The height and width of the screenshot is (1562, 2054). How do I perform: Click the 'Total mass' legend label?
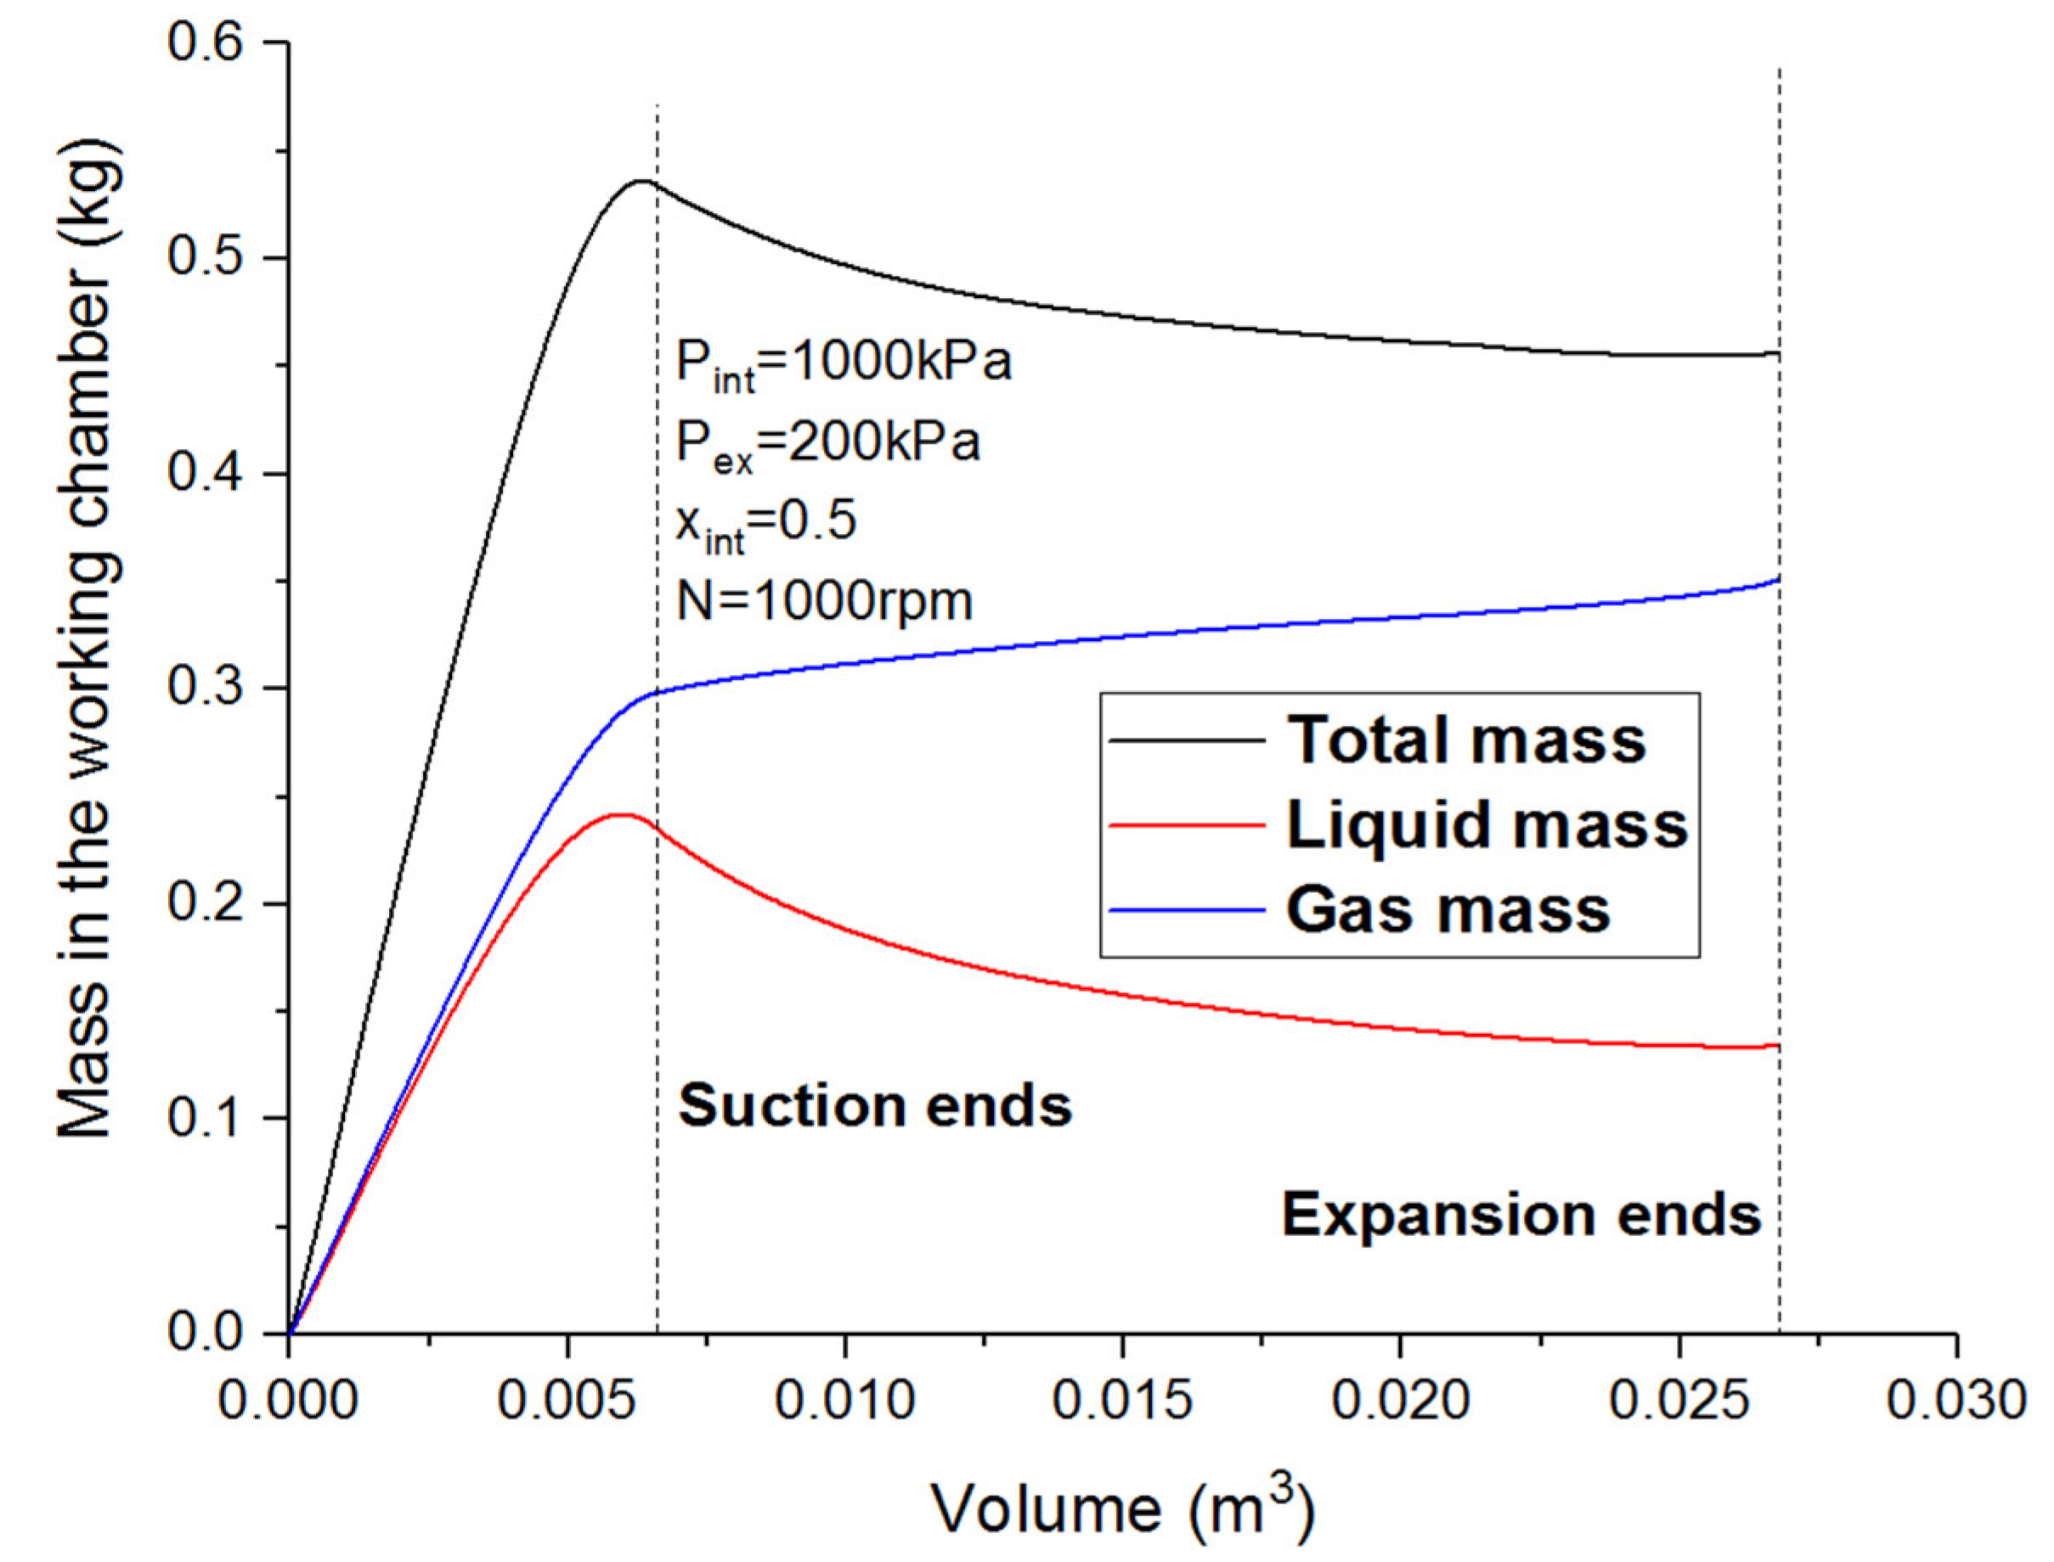click(x=1466, y=740)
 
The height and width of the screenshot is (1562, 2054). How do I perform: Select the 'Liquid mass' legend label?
click(x=1487, y=824)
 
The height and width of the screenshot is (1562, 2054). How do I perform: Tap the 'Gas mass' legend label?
click(x=1448, y=908)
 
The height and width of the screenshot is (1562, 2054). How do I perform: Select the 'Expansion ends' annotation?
click(x=1522, y=1214)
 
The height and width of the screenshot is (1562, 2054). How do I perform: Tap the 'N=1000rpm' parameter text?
click(x=824, y=603)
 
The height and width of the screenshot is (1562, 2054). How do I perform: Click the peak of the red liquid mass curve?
click(x=620, y=814)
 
